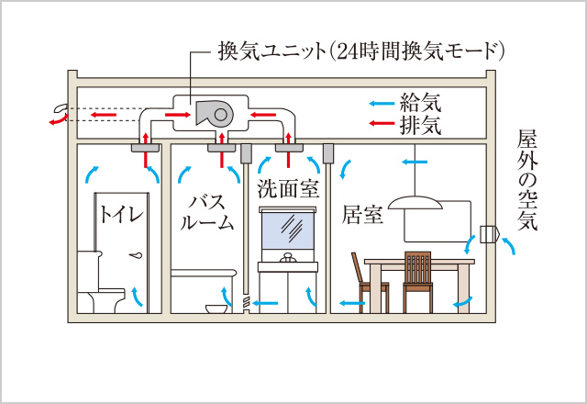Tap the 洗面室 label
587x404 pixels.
click(287, 191)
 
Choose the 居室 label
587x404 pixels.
click(360, 218)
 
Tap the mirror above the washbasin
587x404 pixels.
click(289, 226)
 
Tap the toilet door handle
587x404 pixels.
click(138, 254)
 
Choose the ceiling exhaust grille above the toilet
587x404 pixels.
click(148, 146)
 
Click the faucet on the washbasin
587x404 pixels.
click(289, 256)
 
